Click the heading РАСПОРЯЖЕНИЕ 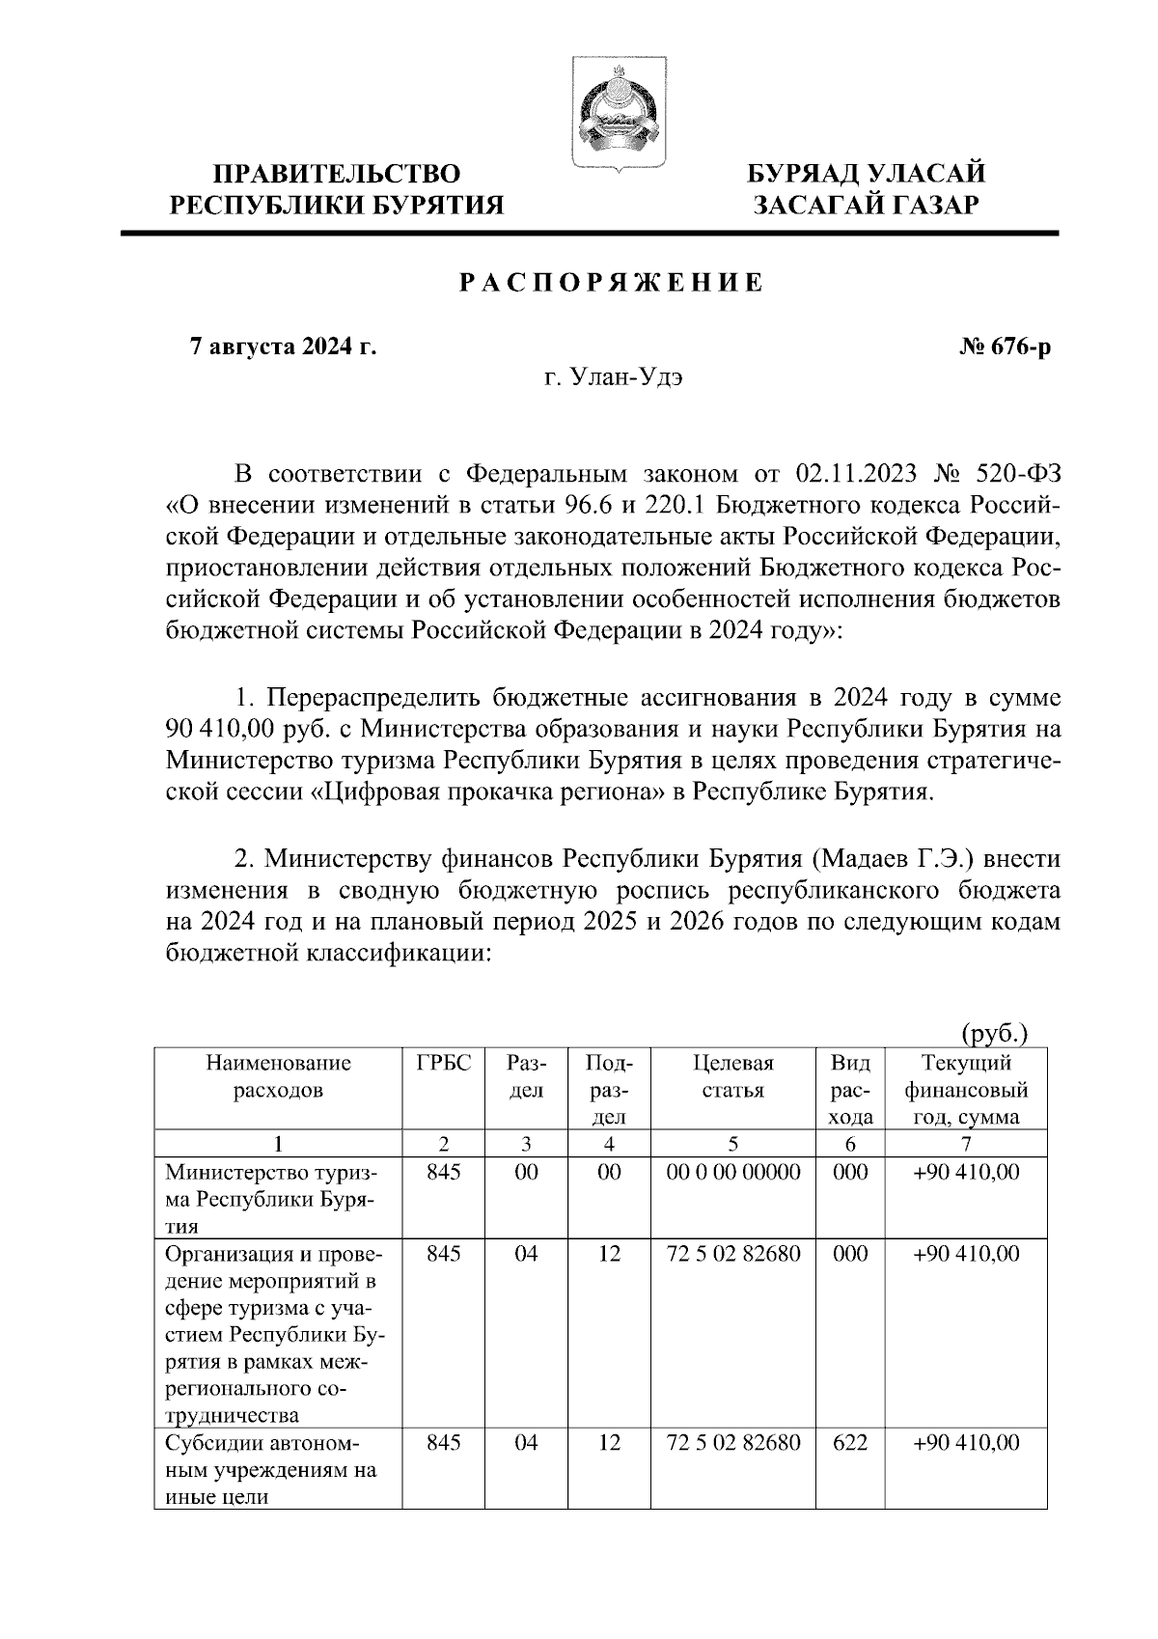tap(610, 283)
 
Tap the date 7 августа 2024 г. tap(283, 347)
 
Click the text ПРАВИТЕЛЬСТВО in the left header tap(337, 175)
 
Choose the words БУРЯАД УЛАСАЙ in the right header tap(867, 175)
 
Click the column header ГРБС tap(444, 1064)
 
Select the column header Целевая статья tap(733, 1077)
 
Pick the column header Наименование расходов tap(278, 1077)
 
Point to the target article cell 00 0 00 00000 tap(733, 1173)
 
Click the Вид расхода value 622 tap(850, 1443)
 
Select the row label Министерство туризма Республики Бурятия tap(272, 1200)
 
